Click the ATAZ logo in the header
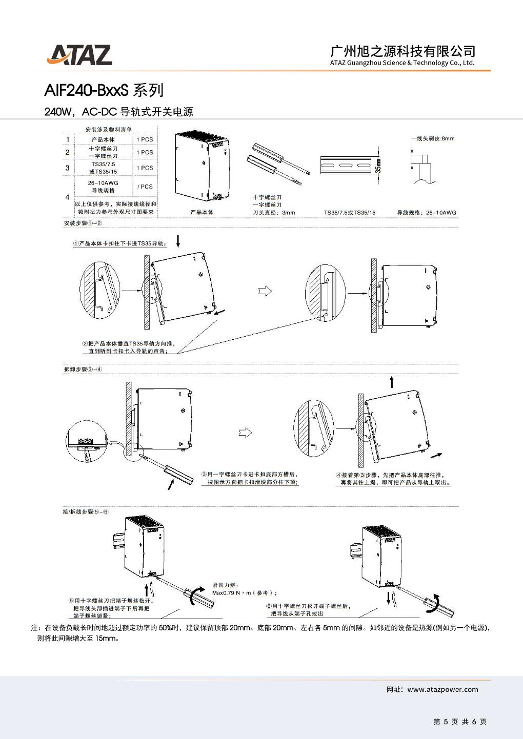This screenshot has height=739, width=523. point(79,55)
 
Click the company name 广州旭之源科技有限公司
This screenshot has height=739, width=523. point(403,51)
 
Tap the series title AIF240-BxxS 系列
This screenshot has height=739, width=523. point(104,90)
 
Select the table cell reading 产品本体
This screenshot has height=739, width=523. point(103,139)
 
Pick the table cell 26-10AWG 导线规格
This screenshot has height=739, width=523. point(103,187)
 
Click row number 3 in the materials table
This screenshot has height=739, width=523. point(67,168)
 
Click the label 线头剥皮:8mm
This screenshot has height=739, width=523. point(435,138)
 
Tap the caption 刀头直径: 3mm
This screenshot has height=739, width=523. point(274,212)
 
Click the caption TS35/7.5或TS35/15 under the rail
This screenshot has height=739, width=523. point(349,212)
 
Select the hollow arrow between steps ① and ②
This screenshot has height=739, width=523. point(265,291)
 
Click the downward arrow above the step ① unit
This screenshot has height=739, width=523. point(178,240)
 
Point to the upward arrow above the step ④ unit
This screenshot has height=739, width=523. point(392,382)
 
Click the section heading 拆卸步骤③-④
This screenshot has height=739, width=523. point(83,369)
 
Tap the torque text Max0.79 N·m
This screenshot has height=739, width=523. point(244,593)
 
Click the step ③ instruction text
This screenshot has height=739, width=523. point(249,478)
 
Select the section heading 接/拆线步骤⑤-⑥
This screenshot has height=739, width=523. point(86,511)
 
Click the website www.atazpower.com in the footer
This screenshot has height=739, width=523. point(442,689)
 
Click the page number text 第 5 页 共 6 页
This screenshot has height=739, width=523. point(459,722)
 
